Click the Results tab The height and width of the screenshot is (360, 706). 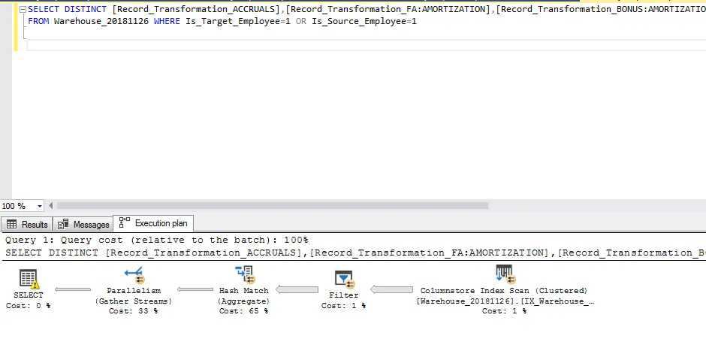[28, 224]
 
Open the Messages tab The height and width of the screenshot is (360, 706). [85, 224]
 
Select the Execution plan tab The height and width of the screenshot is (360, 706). [155, 223]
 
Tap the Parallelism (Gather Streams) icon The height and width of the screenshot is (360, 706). [134, 276]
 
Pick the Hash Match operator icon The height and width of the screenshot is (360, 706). [244, 276]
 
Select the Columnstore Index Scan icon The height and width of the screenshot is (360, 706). [504, 274]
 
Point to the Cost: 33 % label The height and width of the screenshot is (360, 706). [134, 311]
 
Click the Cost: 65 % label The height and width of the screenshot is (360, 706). [244, 311]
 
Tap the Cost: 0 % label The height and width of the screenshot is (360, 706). [29, 306]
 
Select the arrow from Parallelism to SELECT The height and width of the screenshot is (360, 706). [73, 289]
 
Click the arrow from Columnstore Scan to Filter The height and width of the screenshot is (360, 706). [392, 290]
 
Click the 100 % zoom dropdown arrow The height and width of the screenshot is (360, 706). [40, 206]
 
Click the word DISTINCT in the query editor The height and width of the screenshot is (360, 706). [86, 10]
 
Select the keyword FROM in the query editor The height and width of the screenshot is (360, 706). [38, 21]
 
